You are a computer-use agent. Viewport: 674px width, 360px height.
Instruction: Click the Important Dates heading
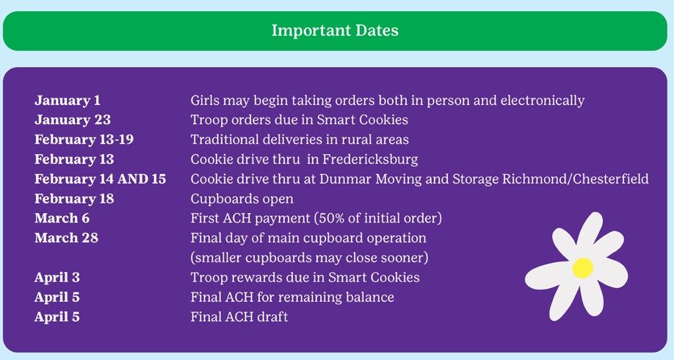[335, 31]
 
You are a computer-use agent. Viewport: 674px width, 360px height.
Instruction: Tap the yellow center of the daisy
[582, 267]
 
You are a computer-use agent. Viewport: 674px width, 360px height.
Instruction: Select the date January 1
[68, 101]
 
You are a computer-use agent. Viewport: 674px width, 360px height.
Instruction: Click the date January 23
[73, 120]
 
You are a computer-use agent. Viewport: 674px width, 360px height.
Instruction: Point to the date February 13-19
[84, 140]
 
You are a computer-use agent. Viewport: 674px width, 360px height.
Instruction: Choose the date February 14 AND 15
[100, 179]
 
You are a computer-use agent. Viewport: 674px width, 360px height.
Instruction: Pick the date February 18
[74, 198]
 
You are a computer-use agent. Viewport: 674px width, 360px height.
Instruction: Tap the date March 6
[62, 218]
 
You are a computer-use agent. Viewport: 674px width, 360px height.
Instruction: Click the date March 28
[66, 238]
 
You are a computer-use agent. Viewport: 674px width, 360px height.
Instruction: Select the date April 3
[57, 278]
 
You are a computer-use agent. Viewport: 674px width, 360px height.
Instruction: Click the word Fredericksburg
[370, 159]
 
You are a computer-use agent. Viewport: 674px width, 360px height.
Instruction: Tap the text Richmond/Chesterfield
[576, 179]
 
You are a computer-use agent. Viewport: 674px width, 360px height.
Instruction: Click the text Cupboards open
[242, 199]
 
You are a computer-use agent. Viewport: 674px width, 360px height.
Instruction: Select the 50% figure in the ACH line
[333, 218]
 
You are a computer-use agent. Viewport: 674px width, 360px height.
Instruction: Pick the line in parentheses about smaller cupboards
[310, 258]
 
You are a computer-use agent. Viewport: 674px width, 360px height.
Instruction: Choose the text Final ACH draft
[239, 317]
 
